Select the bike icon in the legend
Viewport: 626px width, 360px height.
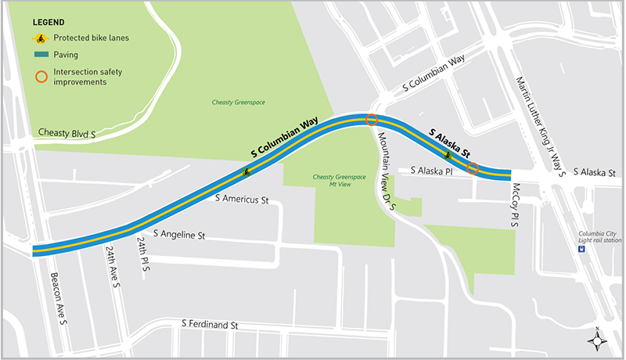[x=38, y=38]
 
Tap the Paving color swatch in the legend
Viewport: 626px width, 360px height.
[x=39, y=55]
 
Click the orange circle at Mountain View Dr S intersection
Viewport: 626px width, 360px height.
[x=372, y=121]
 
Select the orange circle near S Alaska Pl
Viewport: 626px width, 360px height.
[x=473, y=168]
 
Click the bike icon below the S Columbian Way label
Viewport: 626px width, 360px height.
[x=246, y=171]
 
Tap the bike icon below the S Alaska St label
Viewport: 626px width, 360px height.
[x=448, y=155]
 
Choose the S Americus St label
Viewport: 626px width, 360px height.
[x=243, y=200]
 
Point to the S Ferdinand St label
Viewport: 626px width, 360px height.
[x=209, y=324]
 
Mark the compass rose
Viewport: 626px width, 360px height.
[x=597, y=339]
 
